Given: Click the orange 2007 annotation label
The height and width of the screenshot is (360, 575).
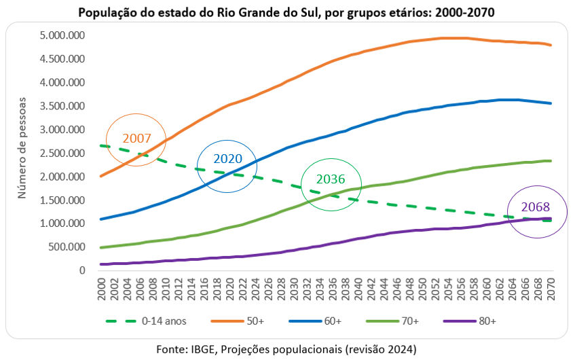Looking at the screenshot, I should pos(138,138).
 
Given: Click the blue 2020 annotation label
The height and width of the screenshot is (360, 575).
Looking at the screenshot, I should pos(227,159).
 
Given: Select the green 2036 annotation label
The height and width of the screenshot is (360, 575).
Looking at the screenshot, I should pos(330,180).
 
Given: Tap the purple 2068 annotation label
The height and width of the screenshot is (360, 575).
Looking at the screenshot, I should pos(535,207).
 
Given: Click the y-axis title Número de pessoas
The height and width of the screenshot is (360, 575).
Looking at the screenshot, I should pos(22,147).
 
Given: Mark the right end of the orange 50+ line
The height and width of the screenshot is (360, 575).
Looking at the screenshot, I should pos(550,45).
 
